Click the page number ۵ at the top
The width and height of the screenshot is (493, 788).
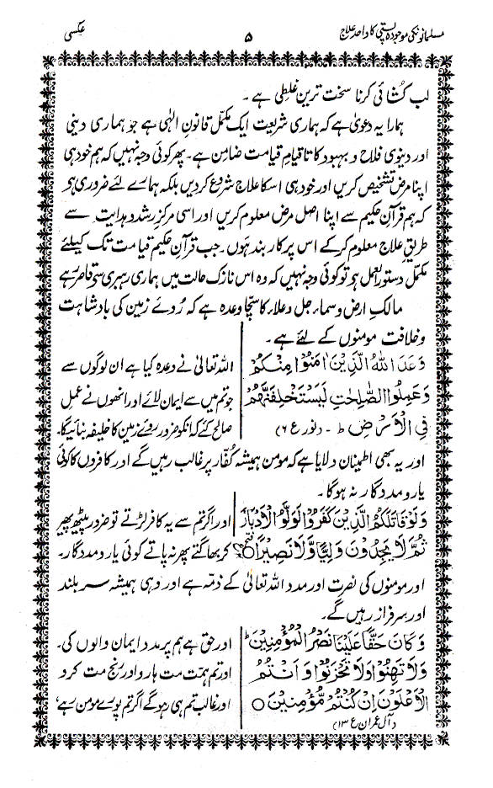246,37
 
